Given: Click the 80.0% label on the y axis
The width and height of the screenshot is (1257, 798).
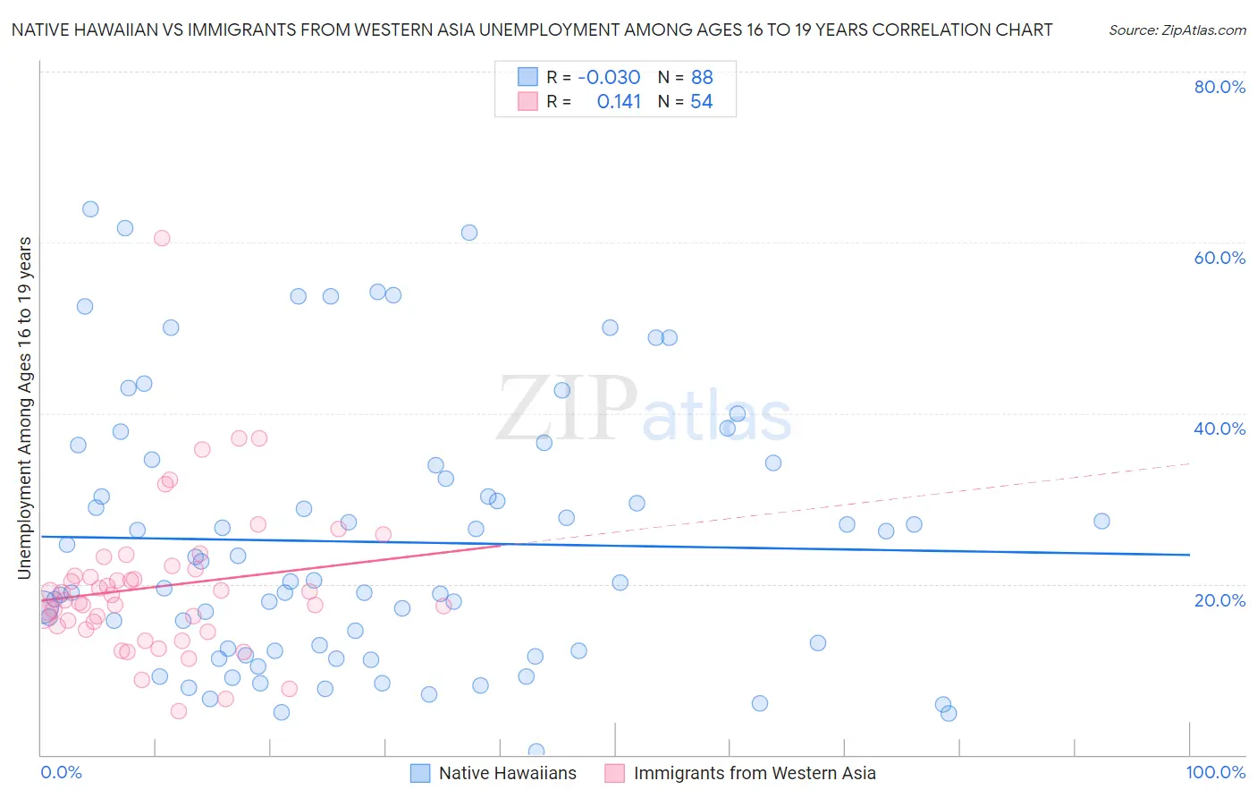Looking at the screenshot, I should [x=1219, y=87].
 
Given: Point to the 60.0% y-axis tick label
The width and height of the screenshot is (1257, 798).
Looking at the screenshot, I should [x=1219, y=258].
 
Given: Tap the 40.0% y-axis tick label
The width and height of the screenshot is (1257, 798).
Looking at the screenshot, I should [x=1219, y=429].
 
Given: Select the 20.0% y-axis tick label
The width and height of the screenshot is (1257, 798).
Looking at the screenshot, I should [x=1219, y=599].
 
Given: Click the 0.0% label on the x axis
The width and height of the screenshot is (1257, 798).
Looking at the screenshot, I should [x=61, y=772].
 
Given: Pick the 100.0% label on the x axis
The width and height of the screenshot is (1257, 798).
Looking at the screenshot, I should [x=1215, y=772].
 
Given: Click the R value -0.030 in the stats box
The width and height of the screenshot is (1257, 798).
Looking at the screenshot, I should [x=609, y=78].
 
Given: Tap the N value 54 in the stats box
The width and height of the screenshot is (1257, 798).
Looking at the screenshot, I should [x=701, y=102].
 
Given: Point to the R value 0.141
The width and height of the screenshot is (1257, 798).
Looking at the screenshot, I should [x=619, y=102].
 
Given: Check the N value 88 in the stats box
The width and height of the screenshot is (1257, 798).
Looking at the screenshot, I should [x=702, y=78].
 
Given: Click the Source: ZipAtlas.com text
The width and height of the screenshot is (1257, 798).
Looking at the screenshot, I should [x=1177, y=30].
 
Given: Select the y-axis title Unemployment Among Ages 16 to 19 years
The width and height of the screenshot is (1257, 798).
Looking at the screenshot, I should [x=24, y=408].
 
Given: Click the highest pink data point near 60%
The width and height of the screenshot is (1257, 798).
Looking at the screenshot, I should [x=162, y=238].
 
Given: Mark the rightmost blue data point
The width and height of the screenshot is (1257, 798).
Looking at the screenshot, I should [x=1101, y=521].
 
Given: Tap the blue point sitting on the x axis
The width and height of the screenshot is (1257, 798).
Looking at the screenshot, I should [x=536, y=751].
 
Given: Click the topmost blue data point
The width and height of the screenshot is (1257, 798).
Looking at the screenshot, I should [x=90, y=209].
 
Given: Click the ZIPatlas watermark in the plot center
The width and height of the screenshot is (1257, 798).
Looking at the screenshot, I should [x=644, y=409].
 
